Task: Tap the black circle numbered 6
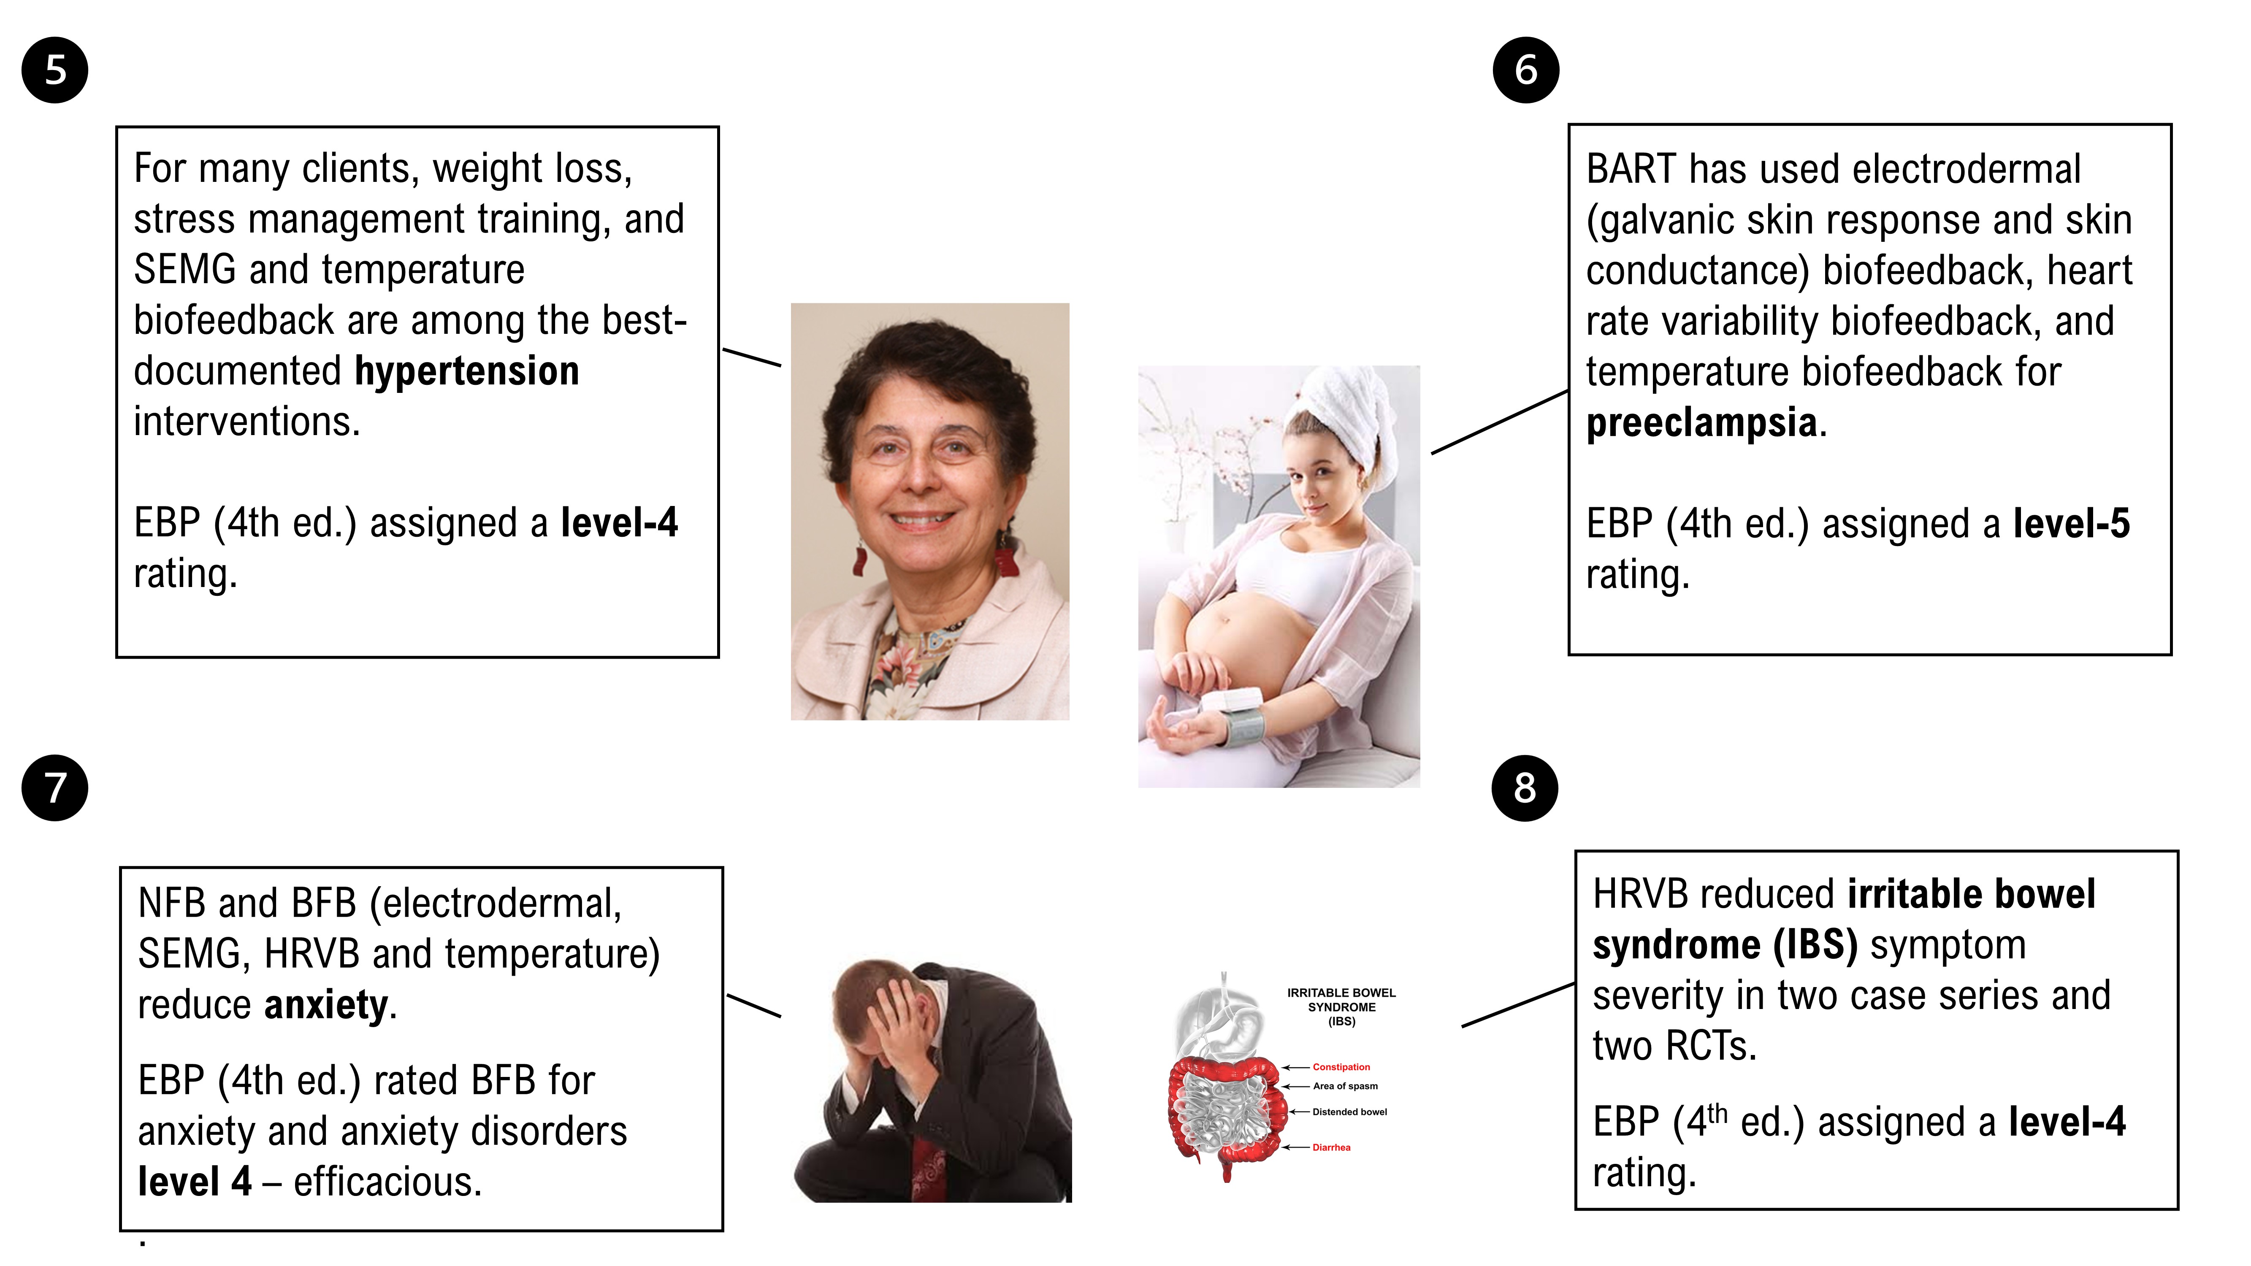pos(1526,70)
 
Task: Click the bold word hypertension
pos(467,371)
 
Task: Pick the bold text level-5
pos(2071,523)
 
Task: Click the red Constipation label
pos(1341,1067)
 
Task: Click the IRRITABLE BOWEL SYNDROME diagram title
pos(1341,1006)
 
